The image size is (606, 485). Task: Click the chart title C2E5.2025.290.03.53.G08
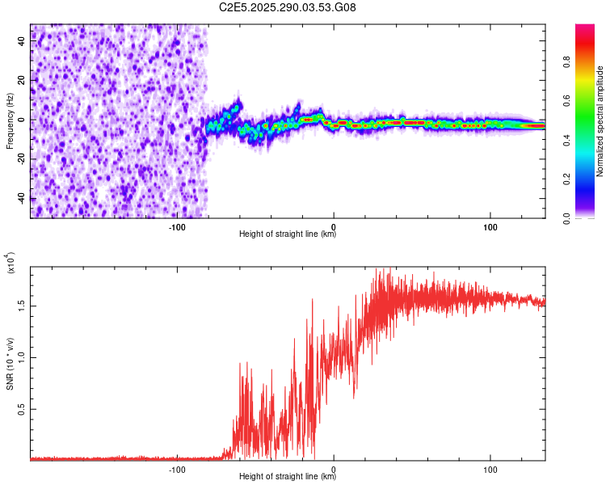coord(288,7)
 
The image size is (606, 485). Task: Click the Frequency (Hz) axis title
coord(10,121)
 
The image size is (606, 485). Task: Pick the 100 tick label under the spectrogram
coord(490,226)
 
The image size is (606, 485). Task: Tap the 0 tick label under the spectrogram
coord(334,226)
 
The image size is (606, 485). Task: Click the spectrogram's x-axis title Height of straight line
coord(288,234)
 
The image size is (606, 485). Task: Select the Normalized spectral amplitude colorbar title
coord(600,121)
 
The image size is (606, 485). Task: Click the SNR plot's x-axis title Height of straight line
coord(288,477)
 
